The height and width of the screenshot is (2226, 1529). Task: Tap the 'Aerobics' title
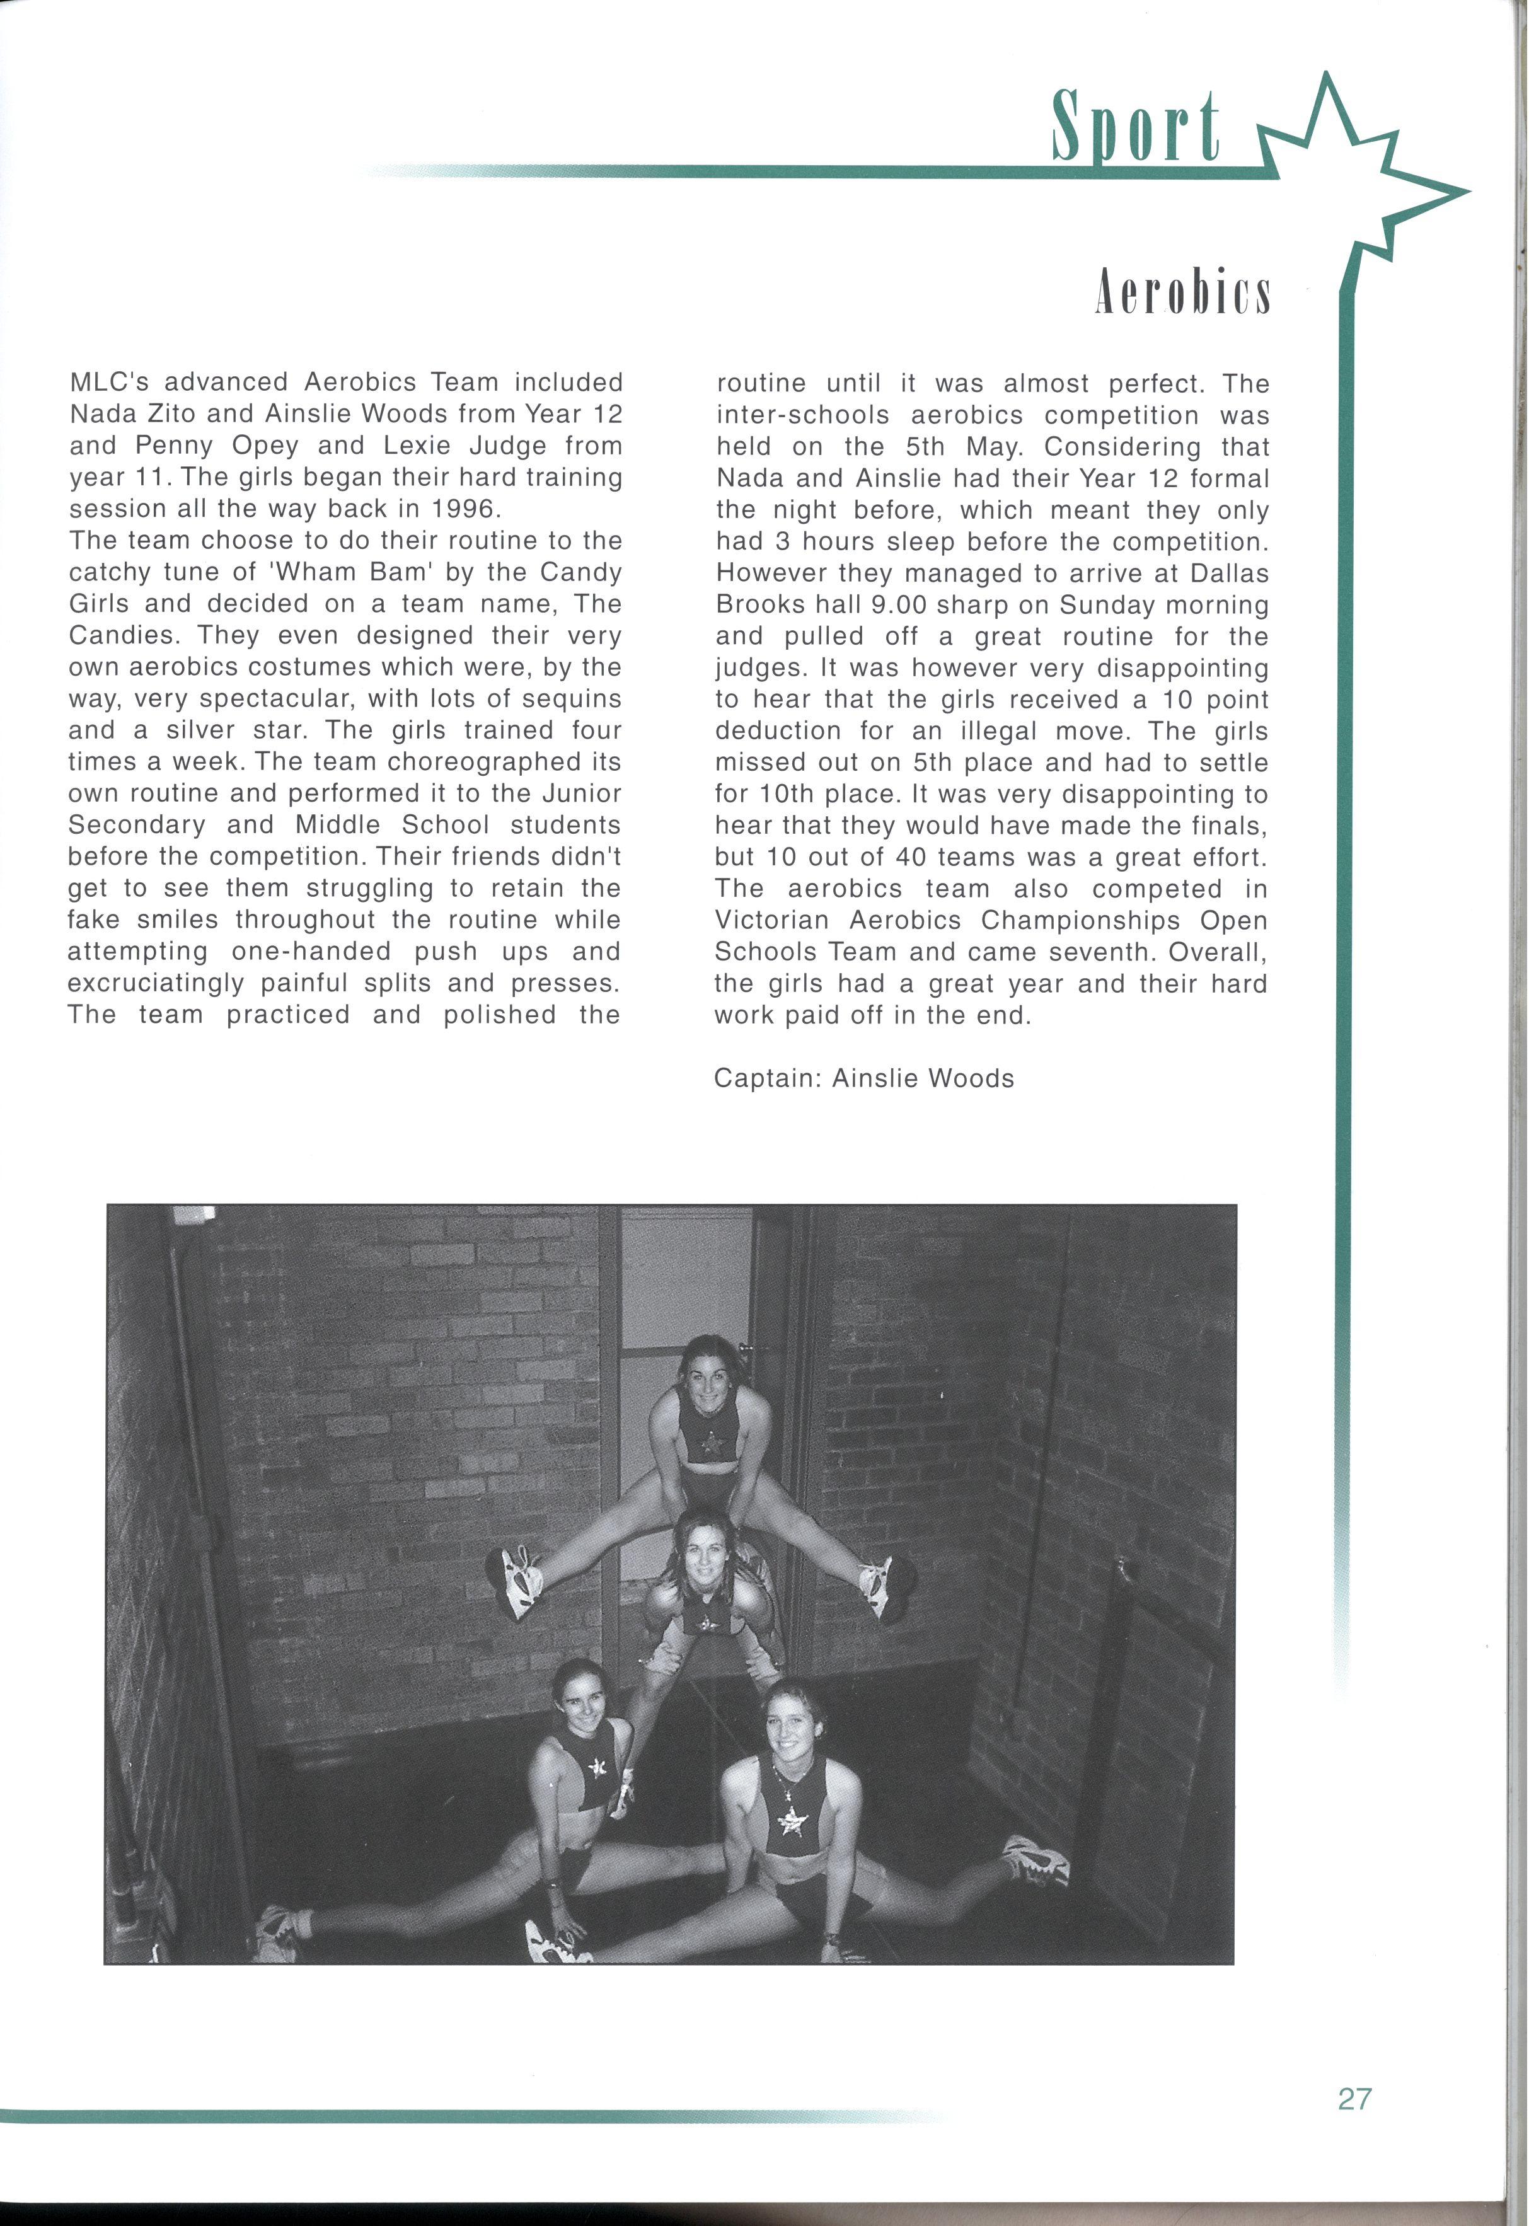[x=1182, y=293]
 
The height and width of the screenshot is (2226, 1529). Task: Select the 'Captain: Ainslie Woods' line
[x=863, y=1078]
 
